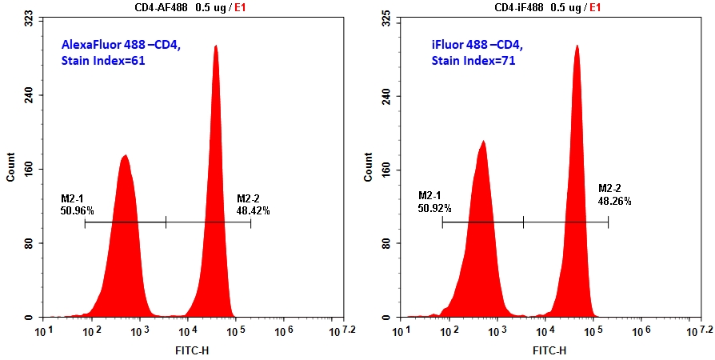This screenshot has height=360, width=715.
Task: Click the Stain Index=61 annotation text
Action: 102,61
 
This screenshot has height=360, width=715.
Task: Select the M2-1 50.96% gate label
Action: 77,205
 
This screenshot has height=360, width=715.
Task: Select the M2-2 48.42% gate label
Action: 253,205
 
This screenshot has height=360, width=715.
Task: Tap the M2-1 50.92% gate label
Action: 434,202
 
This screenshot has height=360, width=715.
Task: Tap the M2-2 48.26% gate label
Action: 614,195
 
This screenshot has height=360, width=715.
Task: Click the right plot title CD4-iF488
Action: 518,7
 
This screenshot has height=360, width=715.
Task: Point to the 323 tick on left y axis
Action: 28,17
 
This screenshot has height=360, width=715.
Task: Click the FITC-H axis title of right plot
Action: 549,350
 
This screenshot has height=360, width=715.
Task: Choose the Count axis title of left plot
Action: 10,166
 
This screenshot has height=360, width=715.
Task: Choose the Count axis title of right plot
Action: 369,166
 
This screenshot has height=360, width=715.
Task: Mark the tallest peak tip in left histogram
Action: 215,46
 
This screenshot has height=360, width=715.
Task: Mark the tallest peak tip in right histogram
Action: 576,46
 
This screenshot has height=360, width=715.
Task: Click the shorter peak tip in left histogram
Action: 125,155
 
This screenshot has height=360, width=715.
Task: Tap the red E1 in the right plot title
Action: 596,7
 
